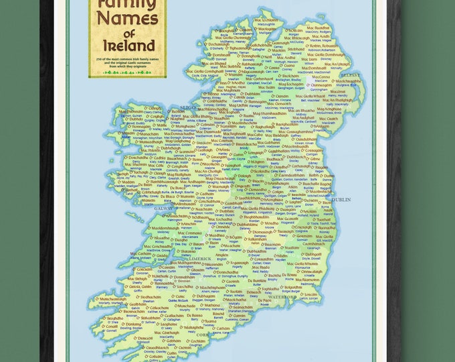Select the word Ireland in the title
coord(128,47)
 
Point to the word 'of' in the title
coord(128,32)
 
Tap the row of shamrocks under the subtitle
coord(128,72)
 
